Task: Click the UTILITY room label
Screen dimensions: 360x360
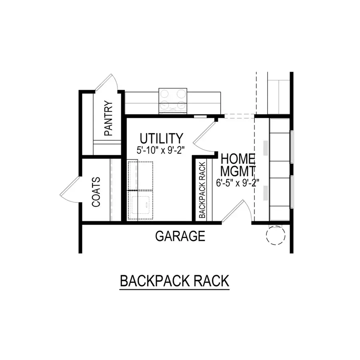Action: tap(162, 138)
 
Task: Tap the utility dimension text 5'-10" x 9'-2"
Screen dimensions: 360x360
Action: tap(162, 151)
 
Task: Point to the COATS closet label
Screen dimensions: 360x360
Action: tap(96, 192)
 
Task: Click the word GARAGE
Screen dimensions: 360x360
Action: tap(180, 236)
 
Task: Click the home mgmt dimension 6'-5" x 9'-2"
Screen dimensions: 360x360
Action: tap(238, 183)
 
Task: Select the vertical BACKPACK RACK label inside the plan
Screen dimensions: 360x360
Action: tap(202, 190)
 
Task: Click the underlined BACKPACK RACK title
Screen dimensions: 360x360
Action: tap(174, 281)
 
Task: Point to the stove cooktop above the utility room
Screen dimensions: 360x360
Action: tap(173, 100)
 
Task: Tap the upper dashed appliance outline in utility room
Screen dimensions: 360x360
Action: tap(140, 175)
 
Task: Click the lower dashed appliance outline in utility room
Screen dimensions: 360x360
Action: tap(140, 205)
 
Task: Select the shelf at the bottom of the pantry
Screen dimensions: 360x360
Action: tap(107, 147)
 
